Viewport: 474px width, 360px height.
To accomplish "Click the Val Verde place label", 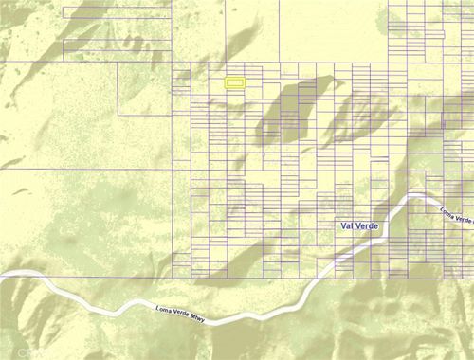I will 361,226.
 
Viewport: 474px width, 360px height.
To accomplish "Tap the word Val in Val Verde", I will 348,226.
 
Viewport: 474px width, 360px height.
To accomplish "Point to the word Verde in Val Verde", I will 368,226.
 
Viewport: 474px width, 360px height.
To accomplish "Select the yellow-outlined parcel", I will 235,83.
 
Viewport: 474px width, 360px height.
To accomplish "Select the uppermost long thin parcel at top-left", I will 117,12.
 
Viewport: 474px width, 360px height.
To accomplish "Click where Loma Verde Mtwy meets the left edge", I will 3,275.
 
